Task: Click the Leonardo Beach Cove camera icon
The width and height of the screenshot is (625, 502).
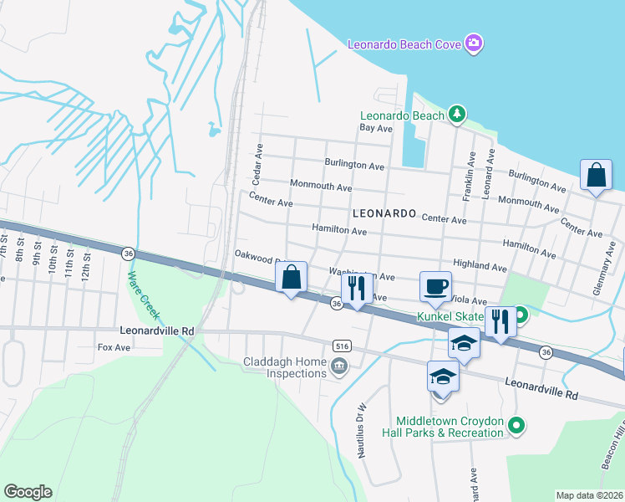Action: click(474, 42)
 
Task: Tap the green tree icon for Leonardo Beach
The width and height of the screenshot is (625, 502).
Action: click(456, 114)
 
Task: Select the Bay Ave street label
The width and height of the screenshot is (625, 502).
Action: click(376, 129)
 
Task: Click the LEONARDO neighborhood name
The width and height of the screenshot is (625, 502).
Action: click(384, 213)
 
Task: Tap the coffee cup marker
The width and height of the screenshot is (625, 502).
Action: click(435, 286)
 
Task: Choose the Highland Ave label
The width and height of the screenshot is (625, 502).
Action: click(480, 268)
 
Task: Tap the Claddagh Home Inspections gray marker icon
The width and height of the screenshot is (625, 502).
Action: click(339, 366)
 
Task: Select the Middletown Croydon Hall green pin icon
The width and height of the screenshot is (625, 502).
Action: click(516, 426)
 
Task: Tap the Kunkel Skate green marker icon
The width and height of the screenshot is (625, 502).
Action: click(521, 316)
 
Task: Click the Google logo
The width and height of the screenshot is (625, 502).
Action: click(28, 491)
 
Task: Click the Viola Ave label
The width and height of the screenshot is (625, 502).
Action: click(470, 300)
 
